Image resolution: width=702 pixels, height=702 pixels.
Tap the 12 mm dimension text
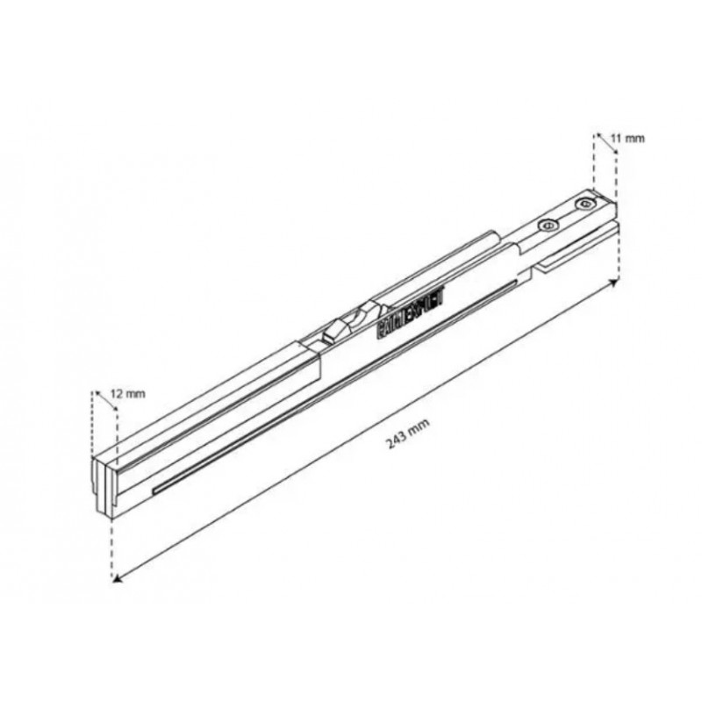[127, 394]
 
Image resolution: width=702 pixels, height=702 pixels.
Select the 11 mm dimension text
[629, 139]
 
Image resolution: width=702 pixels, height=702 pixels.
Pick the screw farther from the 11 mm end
[548, 226]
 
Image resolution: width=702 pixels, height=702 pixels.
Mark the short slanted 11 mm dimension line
[605, 144]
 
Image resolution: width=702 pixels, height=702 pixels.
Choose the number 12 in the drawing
[117, 394]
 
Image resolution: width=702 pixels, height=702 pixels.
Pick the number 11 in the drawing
[618, 139]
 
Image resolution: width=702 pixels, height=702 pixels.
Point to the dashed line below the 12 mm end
[112, 544]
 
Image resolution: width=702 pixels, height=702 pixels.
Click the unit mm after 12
[134, 394]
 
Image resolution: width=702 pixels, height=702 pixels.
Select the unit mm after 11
[636, 139]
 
